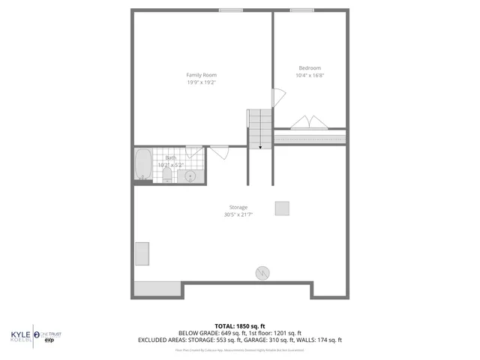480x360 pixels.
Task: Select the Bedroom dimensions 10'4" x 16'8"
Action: click(310, 75)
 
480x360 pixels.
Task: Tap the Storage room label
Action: click(238, 207)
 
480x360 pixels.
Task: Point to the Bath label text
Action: click(171, 157)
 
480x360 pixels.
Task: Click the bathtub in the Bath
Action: click(142, 164)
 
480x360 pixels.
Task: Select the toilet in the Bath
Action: click(166, 175)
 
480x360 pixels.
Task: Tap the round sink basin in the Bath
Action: click(191, 175)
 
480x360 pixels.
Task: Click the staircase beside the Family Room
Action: click(259, 127)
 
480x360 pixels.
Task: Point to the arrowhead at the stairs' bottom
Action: click(260, 147)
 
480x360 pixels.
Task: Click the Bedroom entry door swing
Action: click(277, 97)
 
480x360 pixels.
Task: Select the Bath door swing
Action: click(220, 153)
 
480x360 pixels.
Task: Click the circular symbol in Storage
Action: click(262, 273)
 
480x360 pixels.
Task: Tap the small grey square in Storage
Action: click(282, 208)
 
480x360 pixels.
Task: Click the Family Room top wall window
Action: click(230, 10)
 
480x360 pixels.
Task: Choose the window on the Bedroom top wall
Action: click(301, 10)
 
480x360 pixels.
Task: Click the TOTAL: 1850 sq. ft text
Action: click(239, 326)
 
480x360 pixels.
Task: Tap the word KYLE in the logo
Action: click(19, 334)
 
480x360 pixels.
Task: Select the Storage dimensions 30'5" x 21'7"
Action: click(238, 214)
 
